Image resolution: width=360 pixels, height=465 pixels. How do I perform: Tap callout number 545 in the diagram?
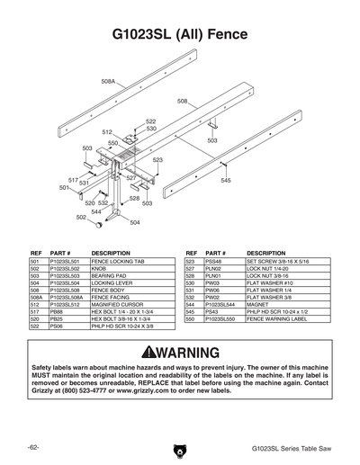pos(226,181)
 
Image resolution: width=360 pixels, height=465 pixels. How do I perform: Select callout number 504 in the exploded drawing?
pos(135,222)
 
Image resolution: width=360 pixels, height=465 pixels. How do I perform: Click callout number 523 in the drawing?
pos(157,160)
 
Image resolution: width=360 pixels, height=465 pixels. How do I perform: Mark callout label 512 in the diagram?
pos(106,132)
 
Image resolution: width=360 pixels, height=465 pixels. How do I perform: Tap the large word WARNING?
pos(188,352)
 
